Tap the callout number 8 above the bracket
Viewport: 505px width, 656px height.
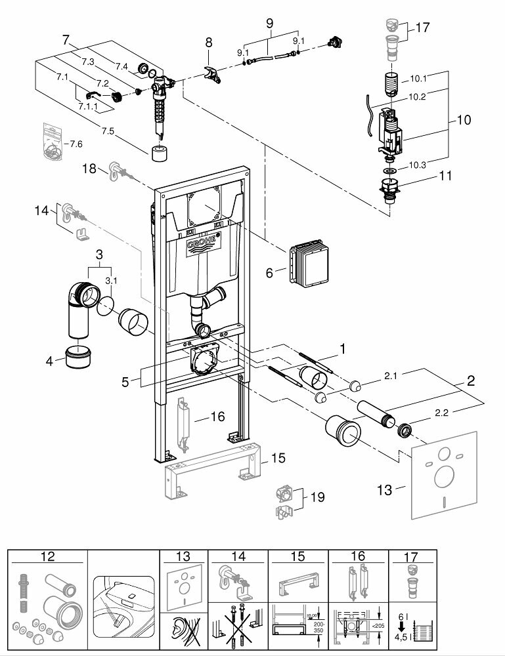tap(208, 42)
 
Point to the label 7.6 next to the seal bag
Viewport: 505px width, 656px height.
tap(76, 144)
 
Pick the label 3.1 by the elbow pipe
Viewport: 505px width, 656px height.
tap(111, 280)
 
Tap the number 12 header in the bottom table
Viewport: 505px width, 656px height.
tap(48, 556)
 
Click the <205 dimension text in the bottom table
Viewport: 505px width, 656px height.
tap(380, 613)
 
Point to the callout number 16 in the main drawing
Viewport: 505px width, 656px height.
tap(217, 416)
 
